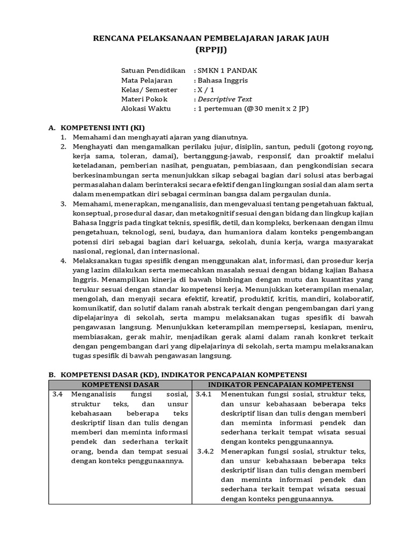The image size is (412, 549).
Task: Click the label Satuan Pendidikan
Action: (x=153, y=70)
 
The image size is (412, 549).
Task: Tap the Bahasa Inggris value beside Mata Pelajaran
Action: (x=222, y=80)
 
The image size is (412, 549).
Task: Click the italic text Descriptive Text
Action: (x=224, y=99)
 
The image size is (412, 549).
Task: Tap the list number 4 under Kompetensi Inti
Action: (x=62, y=261)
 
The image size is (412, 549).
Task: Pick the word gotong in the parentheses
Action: (x=333, y=146)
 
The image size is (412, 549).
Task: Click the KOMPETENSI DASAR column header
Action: (x=121, y=384)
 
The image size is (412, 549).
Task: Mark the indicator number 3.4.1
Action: (x=204, y=395)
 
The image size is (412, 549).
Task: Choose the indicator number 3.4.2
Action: (x=204, y=451)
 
